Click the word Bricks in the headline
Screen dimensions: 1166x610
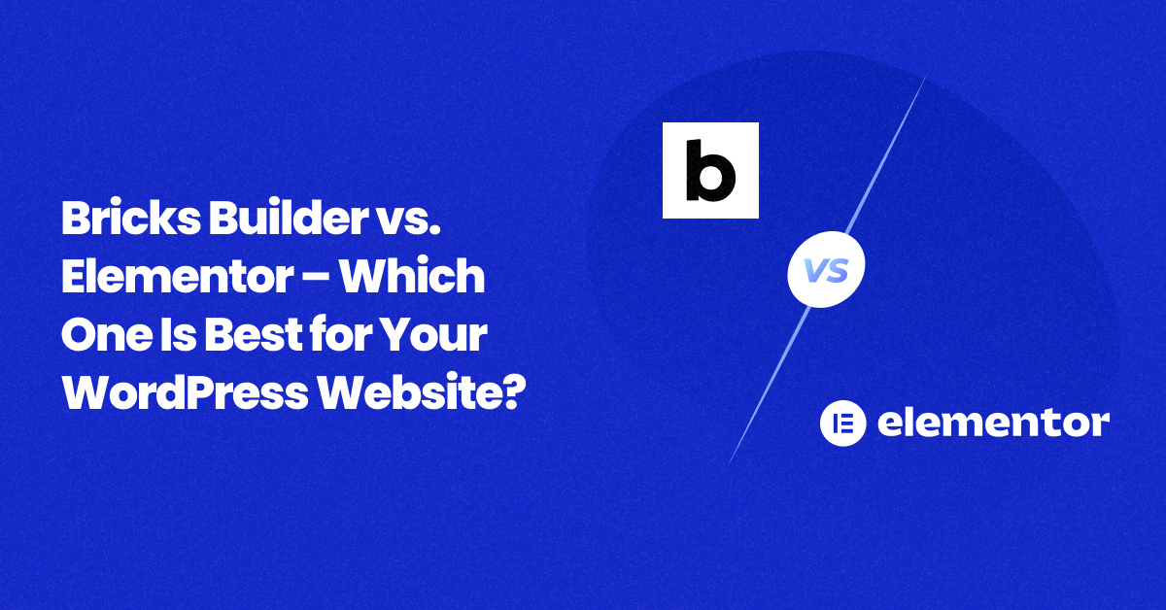point(130,218)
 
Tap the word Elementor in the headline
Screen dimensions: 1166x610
point(177,277)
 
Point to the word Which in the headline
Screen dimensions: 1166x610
point(412,275)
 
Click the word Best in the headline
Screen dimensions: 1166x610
point(254,334)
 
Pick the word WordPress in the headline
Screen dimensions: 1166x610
point(186,393)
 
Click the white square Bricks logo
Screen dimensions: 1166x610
point(710,170)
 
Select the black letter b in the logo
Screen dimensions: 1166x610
point(710,170)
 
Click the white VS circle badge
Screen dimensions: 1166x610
point(826,270)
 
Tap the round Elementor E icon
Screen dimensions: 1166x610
point(843,424)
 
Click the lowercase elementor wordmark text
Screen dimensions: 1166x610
point(993,423)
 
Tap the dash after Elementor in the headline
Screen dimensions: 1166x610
point(317,278)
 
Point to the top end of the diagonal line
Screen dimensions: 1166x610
point(925,78)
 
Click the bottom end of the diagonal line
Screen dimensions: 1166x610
point(730,463)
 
